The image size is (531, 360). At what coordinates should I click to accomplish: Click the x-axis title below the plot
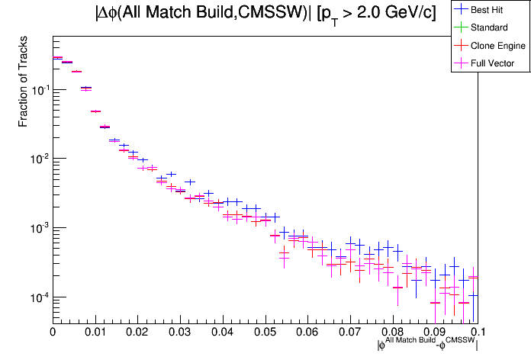pos(427,346)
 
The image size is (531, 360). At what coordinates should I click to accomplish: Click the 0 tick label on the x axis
pos(52,332)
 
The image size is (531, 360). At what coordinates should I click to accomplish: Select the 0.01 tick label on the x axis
pos(95,332)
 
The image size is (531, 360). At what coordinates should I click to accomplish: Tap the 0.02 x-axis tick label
pos(137,332)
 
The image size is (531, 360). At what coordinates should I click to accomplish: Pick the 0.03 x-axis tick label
pos(180,332)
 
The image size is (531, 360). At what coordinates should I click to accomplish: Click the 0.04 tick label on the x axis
pos(222,332)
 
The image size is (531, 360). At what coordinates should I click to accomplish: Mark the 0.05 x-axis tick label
pos(265,332)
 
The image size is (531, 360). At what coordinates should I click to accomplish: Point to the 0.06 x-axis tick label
pos(307,332)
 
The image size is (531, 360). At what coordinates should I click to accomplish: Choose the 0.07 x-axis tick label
pos(350,332)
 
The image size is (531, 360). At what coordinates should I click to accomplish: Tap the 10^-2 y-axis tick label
pos(37,159)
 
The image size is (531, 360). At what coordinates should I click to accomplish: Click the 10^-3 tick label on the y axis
pos(37,228)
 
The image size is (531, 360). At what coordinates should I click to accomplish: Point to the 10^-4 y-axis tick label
pos(37,297)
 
